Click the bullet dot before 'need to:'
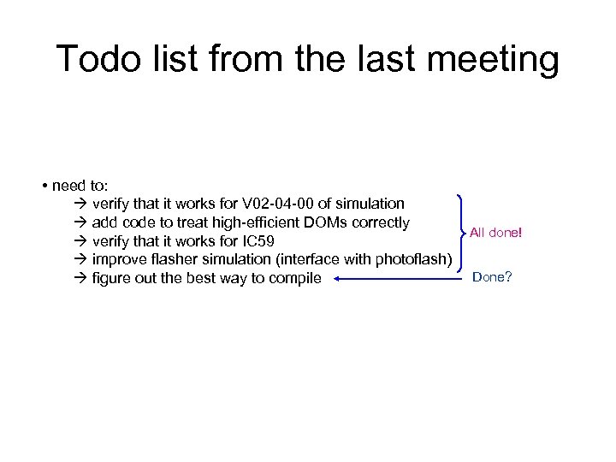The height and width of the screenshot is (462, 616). click(42, 186)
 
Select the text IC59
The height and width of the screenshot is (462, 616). click(256, 242)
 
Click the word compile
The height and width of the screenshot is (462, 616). click(293, 279)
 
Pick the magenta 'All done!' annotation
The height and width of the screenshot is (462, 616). click(495, 232)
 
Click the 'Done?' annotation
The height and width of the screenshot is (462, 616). click(492, 277)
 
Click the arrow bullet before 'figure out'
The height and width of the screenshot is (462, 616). click(80, 279)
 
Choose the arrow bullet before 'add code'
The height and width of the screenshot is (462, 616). click(80, 223)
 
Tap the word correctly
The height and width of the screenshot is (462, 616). click(379, 223)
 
